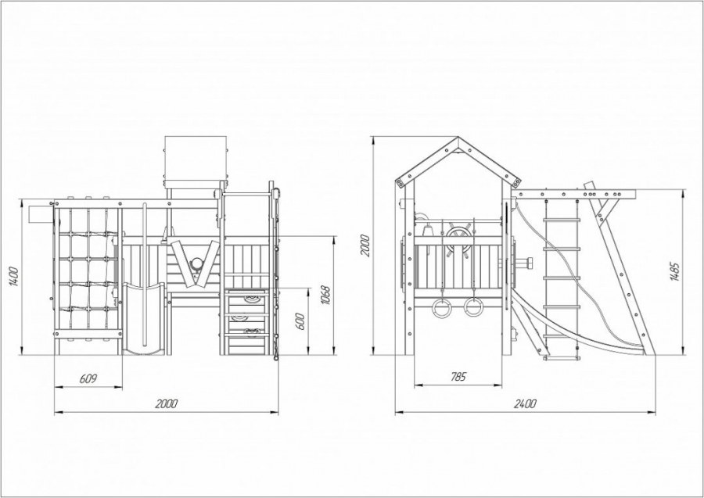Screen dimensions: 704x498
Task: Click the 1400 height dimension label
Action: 14,277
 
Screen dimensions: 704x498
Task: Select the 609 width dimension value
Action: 88,378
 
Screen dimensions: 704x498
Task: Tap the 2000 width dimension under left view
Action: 167,403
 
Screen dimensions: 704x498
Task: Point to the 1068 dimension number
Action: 325,296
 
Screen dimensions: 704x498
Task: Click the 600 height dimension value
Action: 301,321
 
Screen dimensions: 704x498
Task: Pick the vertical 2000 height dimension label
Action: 365,245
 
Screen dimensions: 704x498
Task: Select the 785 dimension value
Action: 458,376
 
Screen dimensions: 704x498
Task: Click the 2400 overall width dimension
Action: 525,403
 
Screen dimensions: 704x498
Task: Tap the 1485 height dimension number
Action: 675,271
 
